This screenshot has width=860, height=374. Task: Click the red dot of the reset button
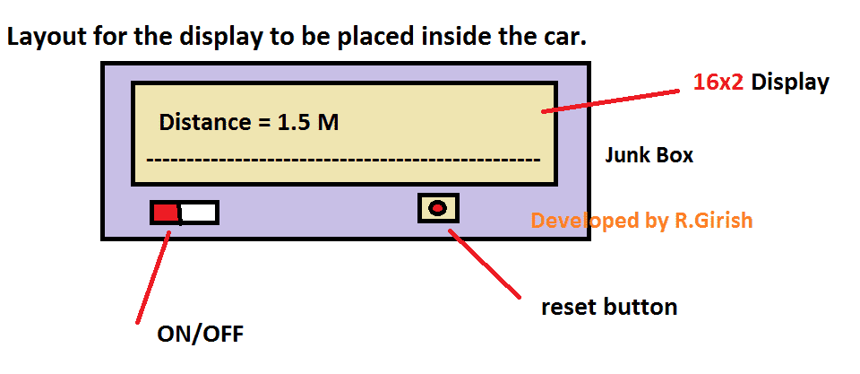(437, 209)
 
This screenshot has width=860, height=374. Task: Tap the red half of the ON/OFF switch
(165, 213)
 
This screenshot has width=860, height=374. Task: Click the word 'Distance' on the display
(203, 122)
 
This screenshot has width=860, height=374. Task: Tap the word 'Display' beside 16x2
(790, 83)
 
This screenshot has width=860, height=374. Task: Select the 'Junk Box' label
(649, 155)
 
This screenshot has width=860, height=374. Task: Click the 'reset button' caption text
(608, 307)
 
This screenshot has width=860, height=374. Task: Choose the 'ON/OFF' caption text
(200, 335)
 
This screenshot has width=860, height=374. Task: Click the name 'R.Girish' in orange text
(713, 221)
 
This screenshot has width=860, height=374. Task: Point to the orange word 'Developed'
(573, 221)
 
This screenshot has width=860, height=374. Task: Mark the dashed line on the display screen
(342, 161)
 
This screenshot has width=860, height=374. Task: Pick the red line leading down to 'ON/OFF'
(152, 278)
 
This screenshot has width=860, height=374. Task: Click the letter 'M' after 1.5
(328, 122)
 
